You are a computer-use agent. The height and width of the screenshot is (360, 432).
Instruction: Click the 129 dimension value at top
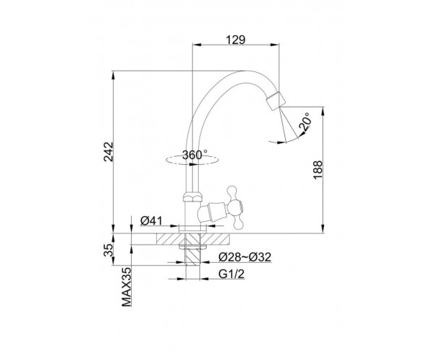pos(236,40)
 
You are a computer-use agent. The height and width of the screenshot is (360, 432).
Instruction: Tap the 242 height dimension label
pos(109,152)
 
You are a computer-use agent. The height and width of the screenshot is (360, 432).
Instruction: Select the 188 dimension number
pos(318,170)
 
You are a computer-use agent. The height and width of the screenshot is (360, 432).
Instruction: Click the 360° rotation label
pos(194,155)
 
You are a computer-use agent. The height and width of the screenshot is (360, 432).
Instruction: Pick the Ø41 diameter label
pos(151,221)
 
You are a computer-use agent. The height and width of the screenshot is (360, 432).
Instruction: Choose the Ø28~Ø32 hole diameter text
pos(245,257)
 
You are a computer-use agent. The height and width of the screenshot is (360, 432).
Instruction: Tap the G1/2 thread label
pos(231,274)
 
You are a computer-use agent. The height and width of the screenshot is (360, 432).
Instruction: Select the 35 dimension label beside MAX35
pos(109,250)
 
